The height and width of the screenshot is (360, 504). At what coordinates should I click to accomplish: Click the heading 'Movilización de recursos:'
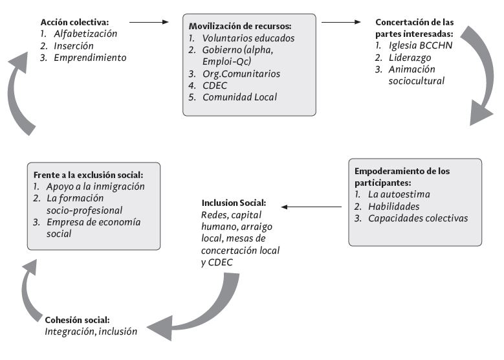pos(240,26)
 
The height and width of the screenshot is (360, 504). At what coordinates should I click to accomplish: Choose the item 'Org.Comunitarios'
pos(241,74)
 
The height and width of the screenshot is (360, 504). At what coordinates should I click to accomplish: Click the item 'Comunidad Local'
pos(240,97)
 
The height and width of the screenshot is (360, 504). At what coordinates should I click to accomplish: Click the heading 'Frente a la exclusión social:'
pos(88,175)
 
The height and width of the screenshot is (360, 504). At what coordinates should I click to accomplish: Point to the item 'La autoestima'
pos(400,194)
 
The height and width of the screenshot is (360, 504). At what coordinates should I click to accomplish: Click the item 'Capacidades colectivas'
pos(417,218)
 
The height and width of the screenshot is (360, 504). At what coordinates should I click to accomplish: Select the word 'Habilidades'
pos(394,206)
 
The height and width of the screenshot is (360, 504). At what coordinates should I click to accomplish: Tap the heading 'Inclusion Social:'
pos(233,202)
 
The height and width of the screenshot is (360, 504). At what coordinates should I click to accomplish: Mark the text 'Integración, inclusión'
pos(91,331)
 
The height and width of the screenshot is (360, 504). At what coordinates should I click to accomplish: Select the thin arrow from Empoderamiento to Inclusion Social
pos(312,207)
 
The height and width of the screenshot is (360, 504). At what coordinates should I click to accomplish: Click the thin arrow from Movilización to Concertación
pos(340,22)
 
